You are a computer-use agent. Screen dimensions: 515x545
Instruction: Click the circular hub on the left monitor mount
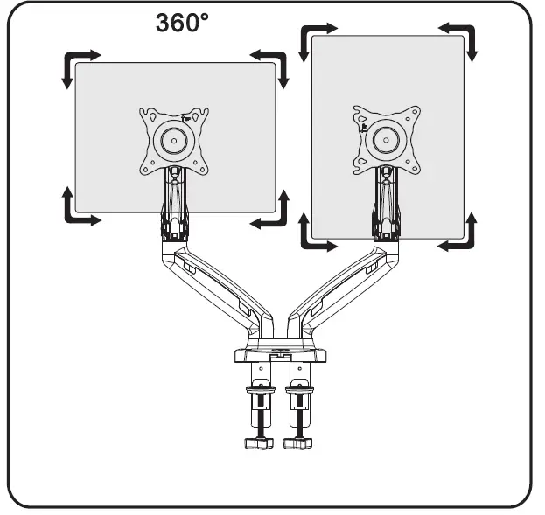click(175, 139)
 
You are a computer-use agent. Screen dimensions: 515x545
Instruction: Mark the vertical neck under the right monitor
click(385, 205)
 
